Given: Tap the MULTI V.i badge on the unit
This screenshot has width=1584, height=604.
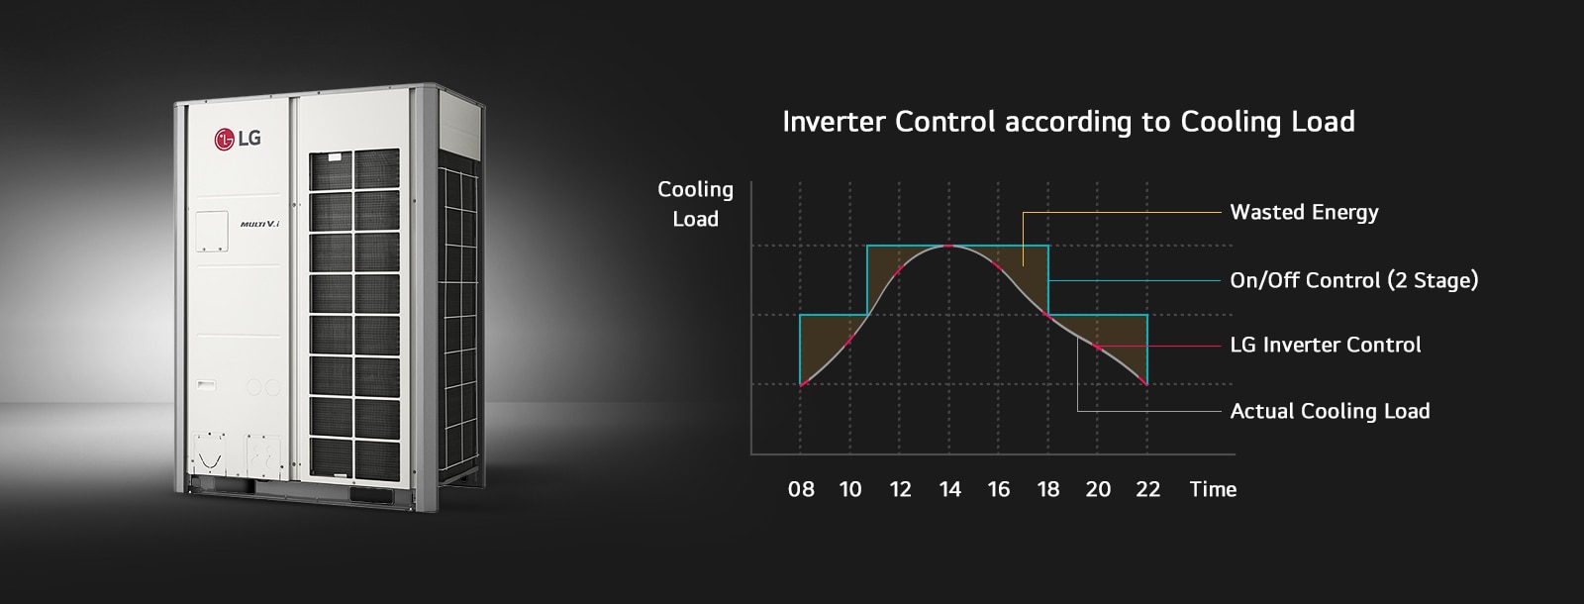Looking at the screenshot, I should coord(260,224).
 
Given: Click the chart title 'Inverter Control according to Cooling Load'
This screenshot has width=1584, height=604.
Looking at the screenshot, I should coord(1068,122).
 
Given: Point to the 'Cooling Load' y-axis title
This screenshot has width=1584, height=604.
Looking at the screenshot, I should coord(695,204).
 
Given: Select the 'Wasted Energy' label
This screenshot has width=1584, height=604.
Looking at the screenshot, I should coord(1304,212).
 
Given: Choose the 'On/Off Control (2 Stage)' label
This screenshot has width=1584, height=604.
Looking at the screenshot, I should coord(1353,280).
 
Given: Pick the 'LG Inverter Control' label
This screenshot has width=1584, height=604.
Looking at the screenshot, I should coord(1325,345).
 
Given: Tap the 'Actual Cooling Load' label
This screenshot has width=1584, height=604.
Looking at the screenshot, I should coord(1330,411).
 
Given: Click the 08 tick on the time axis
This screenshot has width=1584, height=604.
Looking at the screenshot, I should coord(801,489).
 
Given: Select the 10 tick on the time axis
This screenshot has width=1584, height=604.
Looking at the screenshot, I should coord(850,489).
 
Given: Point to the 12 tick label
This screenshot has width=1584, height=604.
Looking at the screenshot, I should coord(900,489).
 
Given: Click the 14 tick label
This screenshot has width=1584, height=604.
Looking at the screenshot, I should coord(949,489).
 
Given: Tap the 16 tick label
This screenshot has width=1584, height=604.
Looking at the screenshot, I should coord(999,489).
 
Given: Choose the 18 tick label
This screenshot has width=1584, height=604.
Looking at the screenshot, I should coord(1048,489).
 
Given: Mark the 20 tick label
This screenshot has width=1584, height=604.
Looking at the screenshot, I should coord(1098,489).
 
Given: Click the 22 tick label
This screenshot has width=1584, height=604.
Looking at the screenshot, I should coord(1147,489).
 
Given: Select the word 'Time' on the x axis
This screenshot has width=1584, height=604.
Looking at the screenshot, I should coord(1213,489).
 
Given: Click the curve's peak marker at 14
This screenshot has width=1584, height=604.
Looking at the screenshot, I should coord(949,246).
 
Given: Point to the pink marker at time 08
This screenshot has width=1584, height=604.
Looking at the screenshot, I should coord(802,383).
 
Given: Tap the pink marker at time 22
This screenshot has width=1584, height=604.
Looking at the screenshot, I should coord(1146,383).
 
